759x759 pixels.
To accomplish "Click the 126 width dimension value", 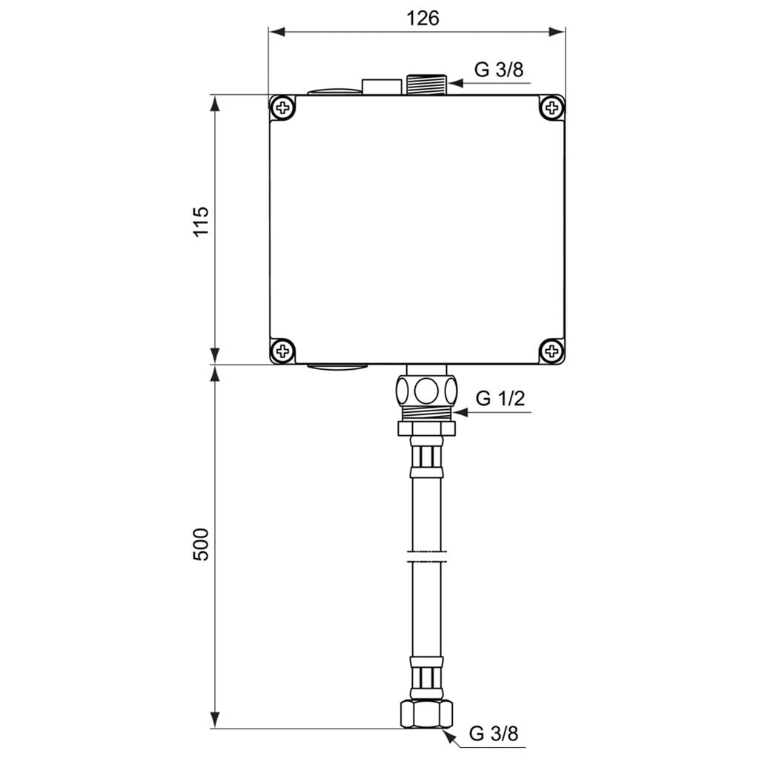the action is click(x=422, y=19).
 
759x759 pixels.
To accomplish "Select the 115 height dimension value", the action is click(x=201, y=221).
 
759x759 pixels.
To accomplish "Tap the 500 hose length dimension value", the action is click(x=201, y=544).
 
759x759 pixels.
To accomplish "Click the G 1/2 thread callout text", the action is click(x=500, y=398).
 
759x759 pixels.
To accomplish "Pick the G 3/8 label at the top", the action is click(x=499, y=70).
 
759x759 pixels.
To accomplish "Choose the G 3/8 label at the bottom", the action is click(x=494, y=733).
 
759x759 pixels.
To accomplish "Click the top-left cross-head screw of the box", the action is click(x=282, y=107).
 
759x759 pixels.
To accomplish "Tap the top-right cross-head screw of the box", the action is click(x=551, y=107).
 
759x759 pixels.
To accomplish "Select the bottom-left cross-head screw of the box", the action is click(x=282, y=350).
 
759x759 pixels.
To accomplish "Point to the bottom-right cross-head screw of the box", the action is click(x=551, y=350).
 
